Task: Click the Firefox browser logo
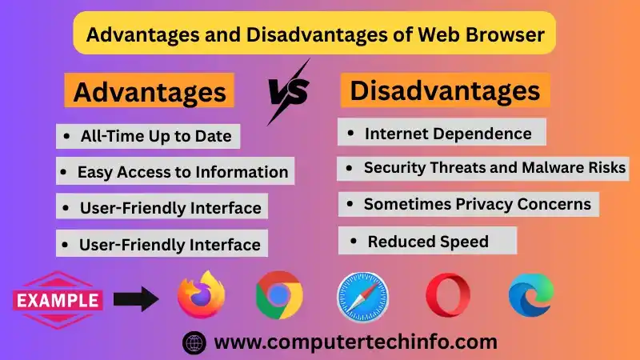[201, 295]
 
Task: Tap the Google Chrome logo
[279, 295]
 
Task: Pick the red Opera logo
[448, 295]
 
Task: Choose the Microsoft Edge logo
[531, 294]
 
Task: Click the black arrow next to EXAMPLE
[138, 300]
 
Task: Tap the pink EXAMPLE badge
[58, 301]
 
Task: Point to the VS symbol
[289, 91]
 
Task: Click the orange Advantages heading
[150, 92]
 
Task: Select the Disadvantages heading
[445, 90]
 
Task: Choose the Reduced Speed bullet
[428, 241]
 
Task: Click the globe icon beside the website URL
[194, 342]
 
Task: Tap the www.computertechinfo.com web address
[356, 342]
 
